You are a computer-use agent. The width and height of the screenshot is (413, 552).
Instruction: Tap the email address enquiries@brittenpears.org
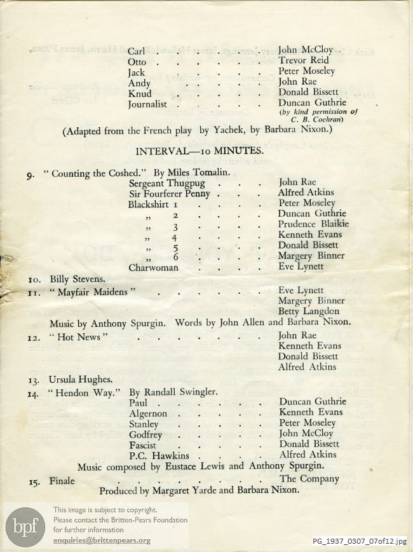[x=102, y=540]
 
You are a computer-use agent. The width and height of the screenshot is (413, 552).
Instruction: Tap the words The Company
[x=309, y=478]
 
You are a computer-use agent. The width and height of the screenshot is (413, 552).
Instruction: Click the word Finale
[x=62, y=481]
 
